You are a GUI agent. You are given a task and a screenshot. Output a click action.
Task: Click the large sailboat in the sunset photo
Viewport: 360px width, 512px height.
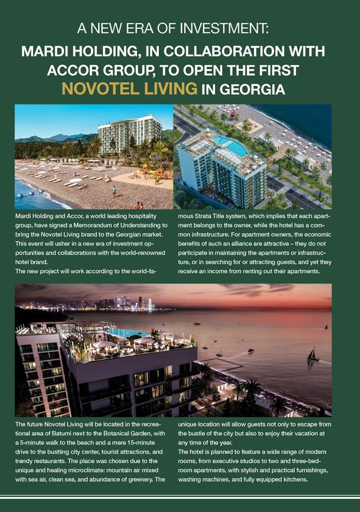(x=313, y=355)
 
